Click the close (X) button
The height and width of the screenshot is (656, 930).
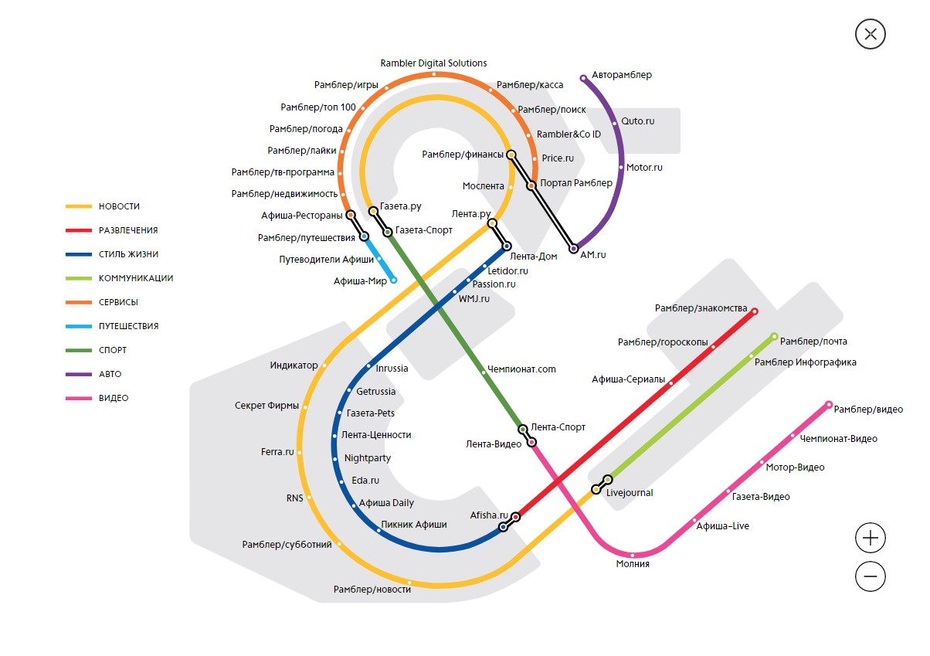click(x=871, y=34)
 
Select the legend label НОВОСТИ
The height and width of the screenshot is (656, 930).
click(x=119, y=206)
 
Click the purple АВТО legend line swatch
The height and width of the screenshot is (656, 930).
click(x=78, y=374)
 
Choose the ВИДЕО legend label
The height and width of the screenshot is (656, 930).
click(x=114, y=398)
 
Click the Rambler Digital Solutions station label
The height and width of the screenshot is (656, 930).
click(x=433, y=63)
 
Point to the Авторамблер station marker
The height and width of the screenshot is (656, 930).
click(x=583, y=78)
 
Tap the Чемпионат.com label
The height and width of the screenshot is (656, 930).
click(x=522, y=369)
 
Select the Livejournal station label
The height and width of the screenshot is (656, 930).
click(x=630, y=493)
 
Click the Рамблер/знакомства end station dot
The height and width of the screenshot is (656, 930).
click(x=755, y=311)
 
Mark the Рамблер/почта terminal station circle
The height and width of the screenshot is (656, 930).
click(x=774, y=337)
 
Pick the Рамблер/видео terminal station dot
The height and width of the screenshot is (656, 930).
click(x=829, y=404)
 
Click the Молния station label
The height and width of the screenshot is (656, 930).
click(x=633, y=564)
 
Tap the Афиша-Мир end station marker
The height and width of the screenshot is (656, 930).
click(x=394, y=280)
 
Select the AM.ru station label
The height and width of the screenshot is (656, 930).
click(x=593, y=255)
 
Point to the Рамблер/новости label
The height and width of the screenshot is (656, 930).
click(x=372, y=590)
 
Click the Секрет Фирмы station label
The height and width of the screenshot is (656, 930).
click(x=266, y=406)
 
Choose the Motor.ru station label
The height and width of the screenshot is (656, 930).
click(x=644, y=167)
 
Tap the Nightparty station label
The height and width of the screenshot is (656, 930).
click(x=368, y=458)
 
